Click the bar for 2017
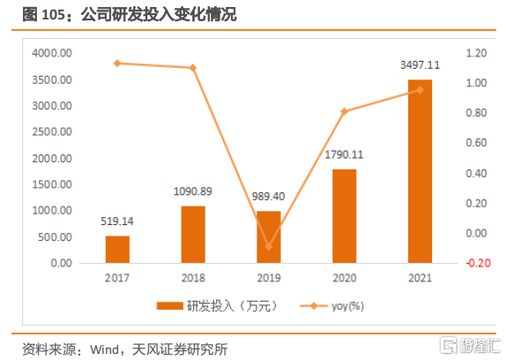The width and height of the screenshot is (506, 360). pyautogui.click(x=117, y=249)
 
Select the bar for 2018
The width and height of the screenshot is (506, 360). pyautogui.click(x=193, y=235)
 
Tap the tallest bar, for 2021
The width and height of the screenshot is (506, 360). pyautogui.click(x=420, y=171)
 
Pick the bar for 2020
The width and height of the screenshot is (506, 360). pyautogui.click(x=345, y=216)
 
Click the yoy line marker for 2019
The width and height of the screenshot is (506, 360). pyautogui.click(x=269, y=247)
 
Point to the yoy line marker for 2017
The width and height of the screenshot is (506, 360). pyautogui.click(x=117, y=64)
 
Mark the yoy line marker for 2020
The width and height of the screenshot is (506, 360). pyautogui.click(x=345, y=112)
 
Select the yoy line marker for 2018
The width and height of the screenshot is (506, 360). pyautogui.click(x=193, y=68)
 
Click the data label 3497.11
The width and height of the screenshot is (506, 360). pyautogui.click(x=420, y=65)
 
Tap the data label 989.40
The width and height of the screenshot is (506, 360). pyautogui.click(x=269, y=196)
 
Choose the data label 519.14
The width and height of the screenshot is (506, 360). pyautogui.click(x=117, y=221)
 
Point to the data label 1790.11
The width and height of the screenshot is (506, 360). pyautogui.click(x=344, y=154)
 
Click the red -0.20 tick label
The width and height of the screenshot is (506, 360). pyautogui.click(x=479, y=263)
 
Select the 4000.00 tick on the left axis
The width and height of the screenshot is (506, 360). pyautogui.click(x=52, y=53)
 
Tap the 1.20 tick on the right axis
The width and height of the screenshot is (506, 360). pyautogui.click(x=476, y=53)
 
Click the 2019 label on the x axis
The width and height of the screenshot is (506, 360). pyautogui.click(x=269, y=278)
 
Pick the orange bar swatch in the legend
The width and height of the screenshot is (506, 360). pyautogui.click(x=170, y=306)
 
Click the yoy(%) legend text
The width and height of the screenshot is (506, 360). pyautogui.click(x=347, y=306)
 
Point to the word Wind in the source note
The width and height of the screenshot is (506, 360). pyautogui.click(x=105, y=349)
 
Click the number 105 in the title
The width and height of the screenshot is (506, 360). pyautogui.click(x=54, y=15)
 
